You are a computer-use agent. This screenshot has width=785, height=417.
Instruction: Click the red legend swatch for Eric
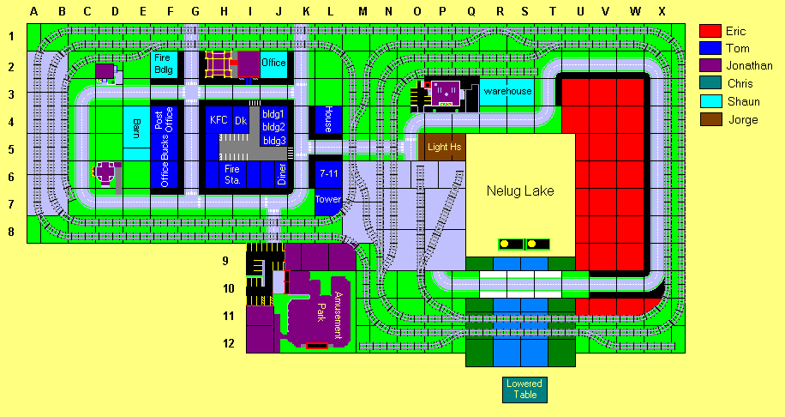coord(711,32)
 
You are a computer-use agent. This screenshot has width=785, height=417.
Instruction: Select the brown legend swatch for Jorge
coord(711,119)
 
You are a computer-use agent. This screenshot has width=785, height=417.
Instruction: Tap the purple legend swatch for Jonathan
coord(711,66)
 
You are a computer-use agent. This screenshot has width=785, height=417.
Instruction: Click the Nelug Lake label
coord(520,190)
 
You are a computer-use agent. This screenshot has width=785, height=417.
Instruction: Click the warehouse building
coord(506,91)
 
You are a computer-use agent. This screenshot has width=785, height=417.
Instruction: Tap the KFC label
coord(219,121)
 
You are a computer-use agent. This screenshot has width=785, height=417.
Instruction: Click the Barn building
coord(137,129)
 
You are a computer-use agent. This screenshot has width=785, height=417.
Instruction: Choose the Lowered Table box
coord(524,390)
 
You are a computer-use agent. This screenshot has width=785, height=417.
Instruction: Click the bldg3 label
coord(273,140)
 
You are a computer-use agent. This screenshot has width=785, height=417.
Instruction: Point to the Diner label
coord(281,174)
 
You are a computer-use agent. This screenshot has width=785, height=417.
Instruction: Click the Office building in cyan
coord(273,63)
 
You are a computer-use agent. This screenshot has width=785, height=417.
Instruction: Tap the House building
coord(328,119)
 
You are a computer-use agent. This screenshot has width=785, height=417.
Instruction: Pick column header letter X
coord(661,11)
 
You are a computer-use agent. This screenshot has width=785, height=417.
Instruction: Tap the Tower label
coord(328,199)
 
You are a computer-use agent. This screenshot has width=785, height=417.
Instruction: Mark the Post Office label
coord(164,120)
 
